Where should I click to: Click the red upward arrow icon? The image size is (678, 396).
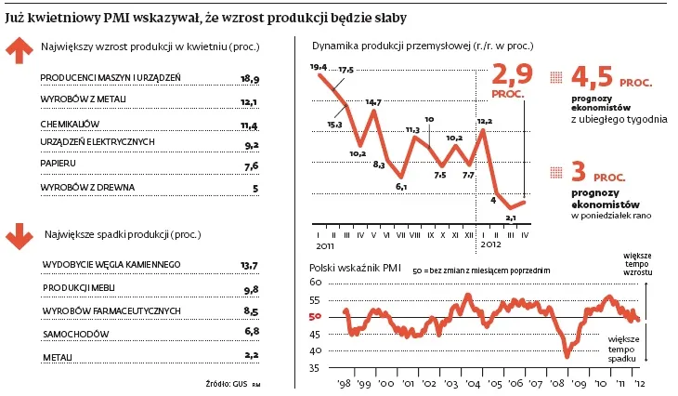19,51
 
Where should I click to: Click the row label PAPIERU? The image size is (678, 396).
59,165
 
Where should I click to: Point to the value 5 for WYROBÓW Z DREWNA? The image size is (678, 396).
254,187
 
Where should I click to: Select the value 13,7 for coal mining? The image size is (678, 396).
248,266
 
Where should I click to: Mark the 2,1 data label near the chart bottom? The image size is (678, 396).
510,217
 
